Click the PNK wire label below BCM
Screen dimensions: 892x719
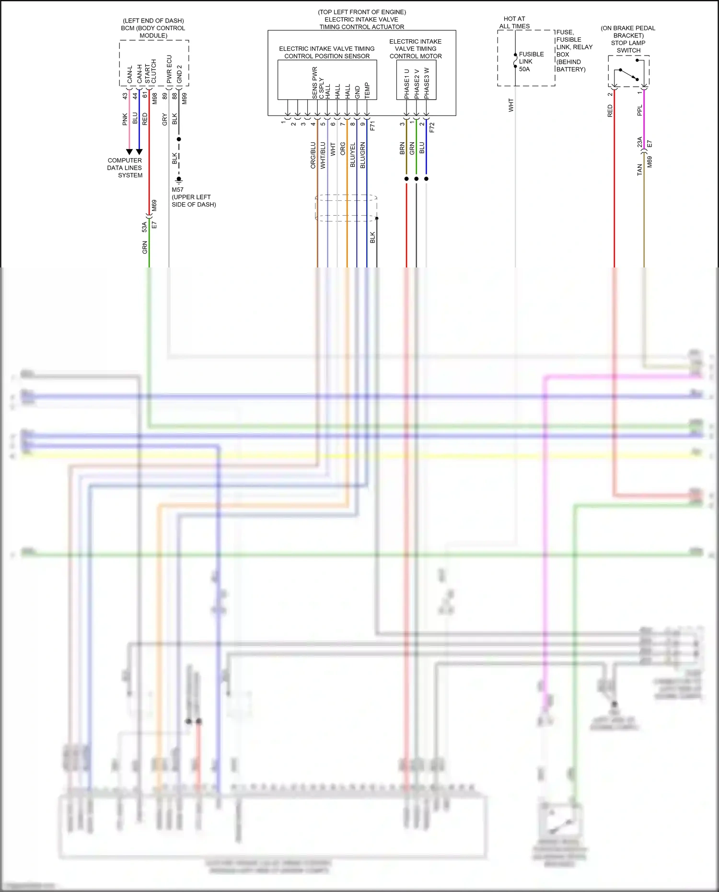pyautogui.click(x=125, y=119)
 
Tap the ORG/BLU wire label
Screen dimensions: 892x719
pyautogui.click(x=313, y=155)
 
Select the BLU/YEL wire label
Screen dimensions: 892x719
pyautogui.click(x=353, y=155)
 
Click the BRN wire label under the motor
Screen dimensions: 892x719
pyautogui.click(x=402, y=149)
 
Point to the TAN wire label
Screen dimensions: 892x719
pyautogui.click(x=639, y=170)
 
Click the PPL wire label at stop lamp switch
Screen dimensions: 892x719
pyautogui.click(x=639, y=111)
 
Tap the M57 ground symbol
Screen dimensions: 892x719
pyautogui.click(x=179, y=180)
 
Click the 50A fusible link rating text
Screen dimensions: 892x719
pyautogui.click(x=524, y=69)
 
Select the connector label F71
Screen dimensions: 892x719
pyautogui.click(x=372, y=126)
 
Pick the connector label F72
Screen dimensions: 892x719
pyautogui.click(x=432, y=127)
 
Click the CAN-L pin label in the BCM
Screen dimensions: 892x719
pyautogui.click(x=129, y=74)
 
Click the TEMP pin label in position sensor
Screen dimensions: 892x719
pyautogui.click(x=367, y=91)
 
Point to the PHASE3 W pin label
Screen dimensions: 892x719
pyautogui.click(x=427, y=83)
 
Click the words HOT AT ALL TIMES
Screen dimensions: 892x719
pyautogui.click(x=514, y=23)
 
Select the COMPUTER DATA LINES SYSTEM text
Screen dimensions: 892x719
pyautogui.click(x=125, y=168)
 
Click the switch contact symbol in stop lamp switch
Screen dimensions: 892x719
pyautogui.click(x=628, y=75)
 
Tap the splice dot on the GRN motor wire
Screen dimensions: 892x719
pyautogui.click(x=417, y=179)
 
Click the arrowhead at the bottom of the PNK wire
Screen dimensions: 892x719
pyautogui.click(x=129, y=152)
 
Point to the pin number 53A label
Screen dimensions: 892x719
pyautogui.click(x=144, y=227)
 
